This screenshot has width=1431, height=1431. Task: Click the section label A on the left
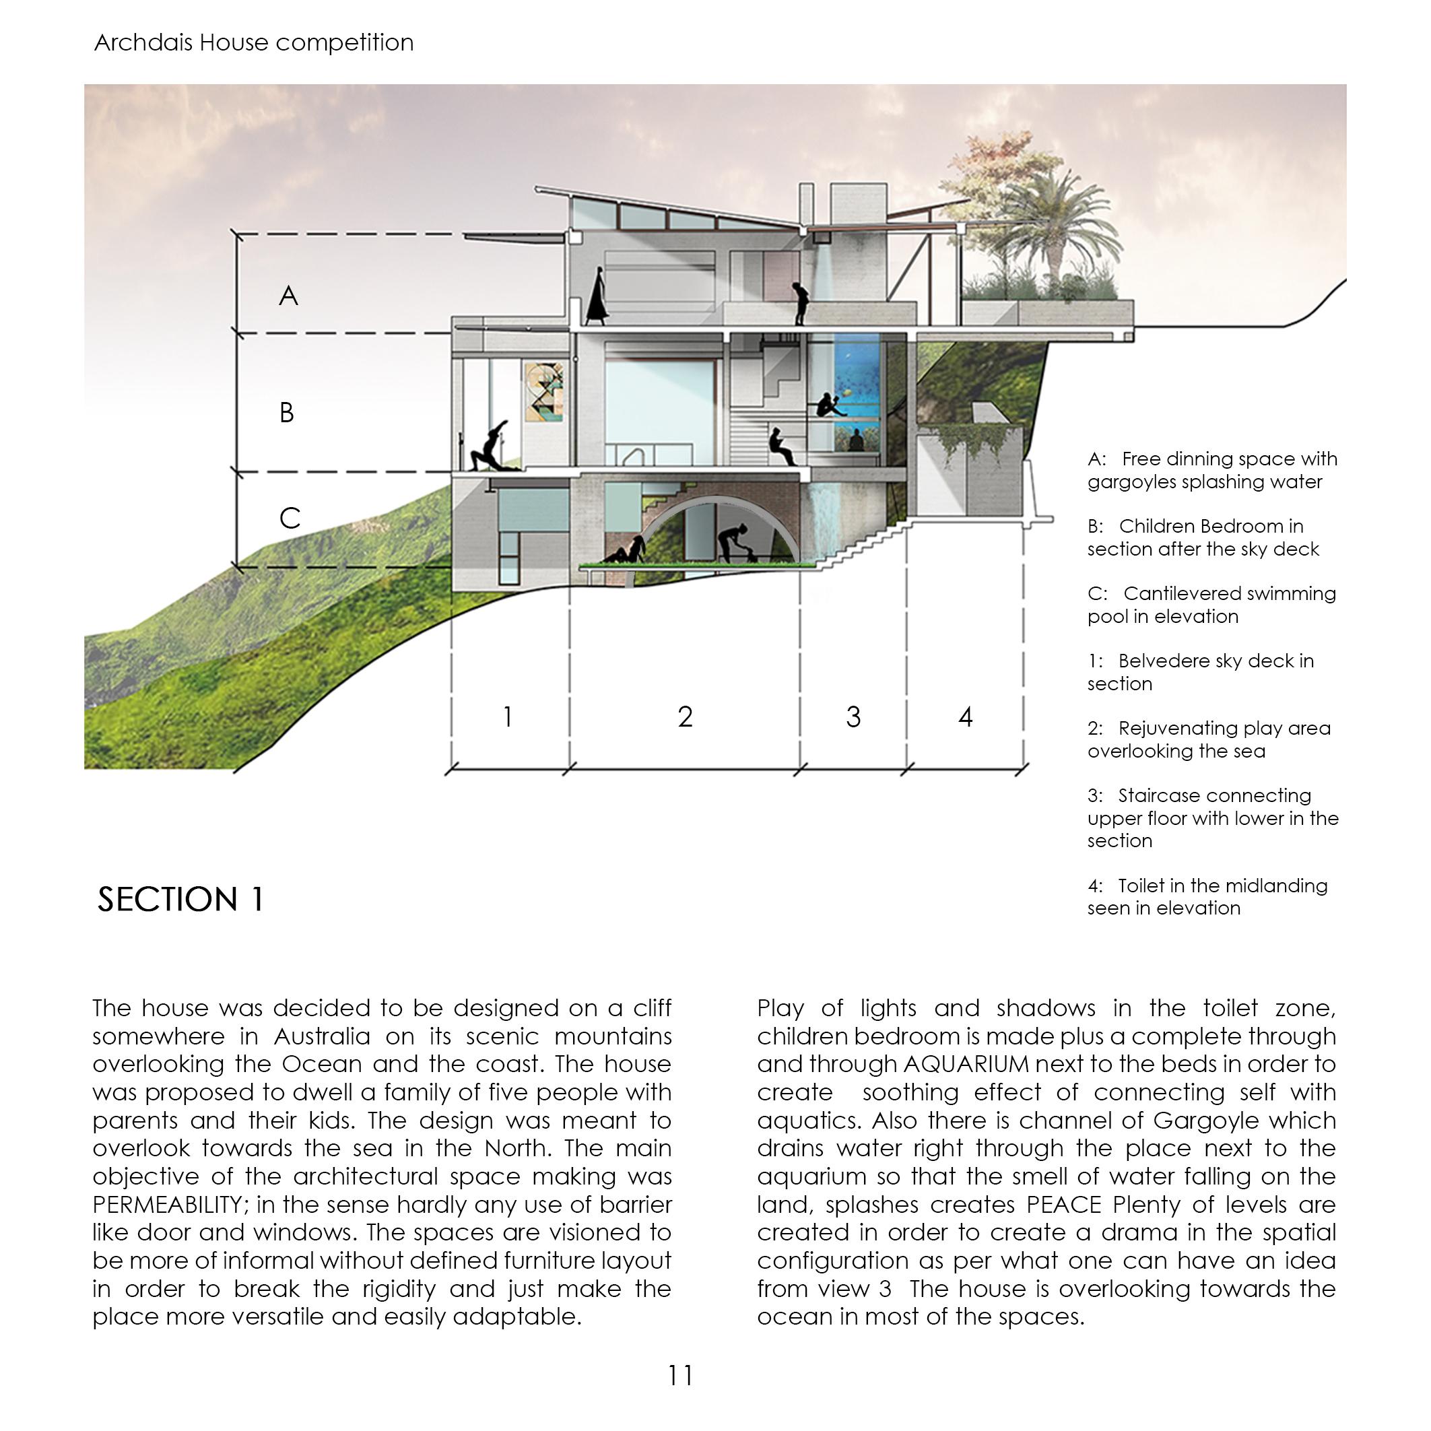[288, 296]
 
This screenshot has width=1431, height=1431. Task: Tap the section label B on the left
[287, 413]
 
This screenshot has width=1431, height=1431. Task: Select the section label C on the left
[290, 519]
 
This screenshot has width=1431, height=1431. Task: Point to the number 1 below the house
[507, 717]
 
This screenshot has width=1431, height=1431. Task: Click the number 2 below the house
[685, 717]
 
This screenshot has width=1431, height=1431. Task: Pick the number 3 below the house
[853, 717]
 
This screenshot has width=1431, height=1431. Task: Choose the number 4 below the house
[965, 717]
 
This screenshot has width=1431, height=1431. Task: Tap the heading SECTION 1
[180, 899]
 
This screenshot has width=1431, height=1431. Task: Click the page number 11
[681, 1376]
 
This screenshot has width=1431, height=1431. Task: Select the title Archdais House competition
[254, 43]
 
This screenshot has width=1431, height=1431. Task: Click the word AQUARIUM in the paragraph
[966, 1065]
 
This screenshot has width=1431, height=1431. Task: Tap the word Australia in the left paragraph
[321, 1036]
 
